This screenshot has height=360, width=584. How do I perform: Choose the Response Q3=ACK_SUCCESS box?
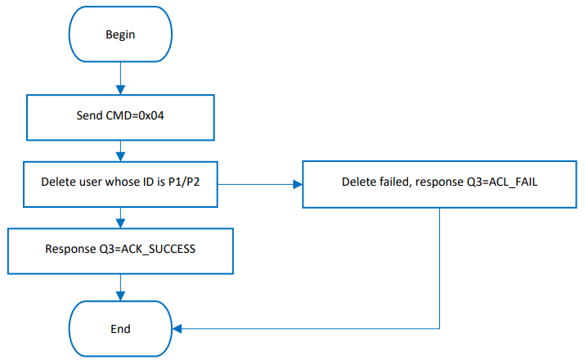(121, 250)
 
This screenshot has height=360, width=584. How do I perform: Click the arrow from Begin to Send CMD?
(121, 78)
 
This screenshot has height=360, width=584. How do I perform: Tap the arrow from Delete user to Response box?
(121, 217)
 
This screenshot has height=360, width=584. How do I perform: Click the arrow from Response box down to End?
(121, 286)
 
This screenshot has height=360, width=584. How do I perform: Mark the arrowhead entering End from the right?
(178, 328)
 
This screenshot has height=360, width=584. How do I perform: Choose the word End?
(121, 328)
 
